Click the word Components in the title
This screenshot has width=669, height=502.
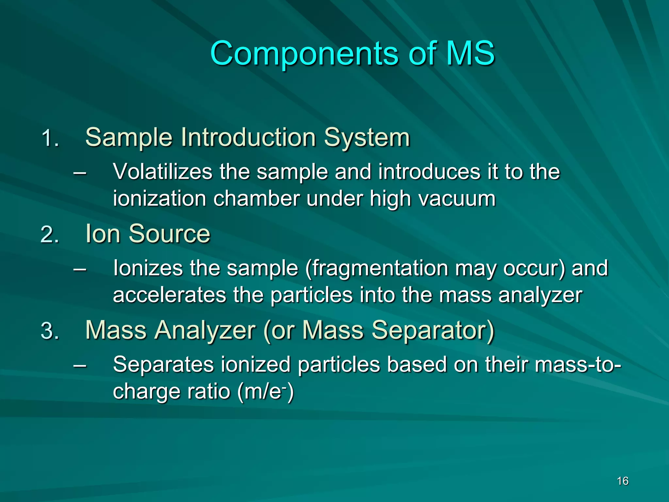(304, 54)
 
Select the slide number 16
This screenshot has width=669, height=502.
(623, 481)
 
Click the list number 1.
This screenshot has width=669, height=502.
(50, 138)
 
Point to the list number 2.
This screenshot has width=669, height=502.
(50, 235)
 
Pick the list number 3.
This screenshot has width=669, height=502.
(50, 331)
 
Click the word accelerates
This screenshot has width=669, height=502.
(169, 295)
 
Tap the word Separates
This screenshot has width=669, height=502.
(163, 364)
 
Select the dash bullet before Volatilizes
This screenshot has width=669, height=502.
(80, 172)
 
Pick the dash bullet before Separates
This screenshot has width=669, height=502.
(80, 365)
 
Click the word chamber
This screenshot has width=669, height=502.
(256, 199)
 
